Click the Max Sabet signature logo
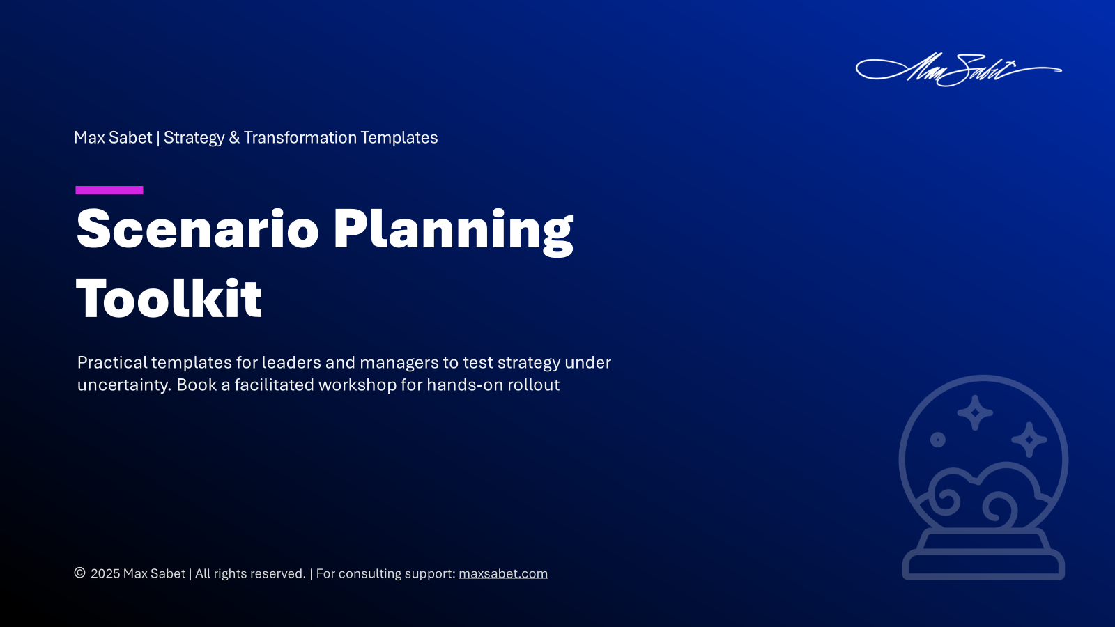click(958, 70)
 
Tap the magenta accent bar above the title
click(109, 190)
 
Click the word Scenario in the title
click(197, 229)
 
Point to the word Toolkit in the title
click(169, 299)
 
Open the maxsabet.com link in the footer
click(502, 574)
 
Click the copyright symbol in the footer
click(79, 573)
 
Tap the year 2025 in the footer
click(105, 574)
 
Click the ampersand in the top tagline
click(234, 138)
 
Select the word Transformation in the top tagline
click(300, 138)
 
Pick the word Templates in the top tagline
click(399, 138)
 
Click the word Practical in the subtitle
click(112, 362)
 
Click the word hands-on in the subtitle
click(465, 385)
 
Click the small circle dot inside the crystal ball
click(938, 440)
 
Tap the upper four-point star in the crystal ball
click(975, 412)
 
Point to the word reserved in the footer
click(277, 574)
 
